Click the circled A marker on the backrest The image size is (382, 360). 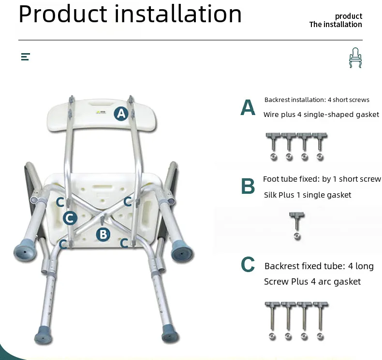click(x=121, y=114)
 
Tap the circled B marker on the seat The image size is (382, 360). click(x=103, y=234)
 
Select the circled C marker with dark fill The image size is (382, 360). click(x=70, y=218)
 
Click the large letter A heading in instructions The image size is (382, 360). click(x=248, y=107)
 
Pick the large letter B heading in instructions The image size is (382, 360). click(x=248, y=186)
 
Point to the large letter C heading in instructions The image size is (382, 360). click(x=248, y=264)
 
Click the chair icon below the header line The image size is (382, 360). click(x=355, y=58)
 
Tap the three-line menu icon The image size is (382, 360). click(x=26, y=57)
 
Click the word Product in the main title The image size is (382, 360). click(x=63, y=14)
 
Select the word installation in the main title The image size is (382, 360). click(x=178, y=14)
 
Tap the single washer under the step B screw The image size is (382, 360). click(x=297, y=236)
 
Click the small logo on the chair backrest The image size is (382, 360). click(x=101, y=112)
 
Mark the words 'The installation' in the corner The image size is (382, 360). click(x=336, y=24)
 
